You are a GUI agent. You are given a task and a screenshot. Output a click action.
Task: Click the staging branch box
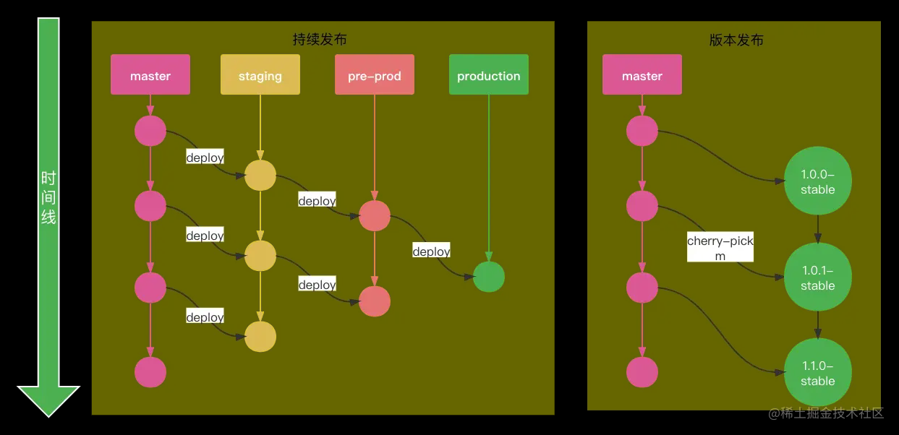tap(260, 74)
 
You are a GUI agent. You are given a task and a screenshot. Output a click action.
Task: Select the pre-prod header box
tap(375, 74)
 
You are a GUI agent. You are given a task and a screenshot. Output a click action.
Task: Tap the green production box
tap(488, 74)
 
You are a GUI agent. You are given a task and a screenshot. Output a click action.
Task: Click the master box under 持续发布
tap(150, 74)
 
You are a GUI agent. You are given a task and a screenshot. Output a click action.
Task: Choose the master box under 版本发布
tap(642, 74)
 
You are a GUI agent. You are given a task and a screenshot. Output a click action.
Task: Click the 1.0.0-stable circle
tap(818, 181)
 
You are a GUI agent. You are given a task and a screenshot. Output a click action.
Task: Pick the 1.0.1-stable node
tap(818, 277)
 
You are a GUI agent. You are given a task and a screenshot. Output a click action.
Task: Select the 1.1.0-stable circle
tap(818, 372)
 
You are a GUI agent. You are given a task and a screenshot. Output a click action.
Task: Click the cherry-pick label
tap(720, 247)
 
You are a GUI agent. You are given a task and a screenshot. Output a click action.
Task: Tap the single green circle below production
tap(488, 277)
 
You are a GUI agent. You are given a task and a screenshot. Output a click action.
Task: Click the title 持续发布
tap(320, 39)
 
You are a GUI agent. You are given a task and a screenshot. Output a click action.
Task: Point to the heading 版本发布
tap(736, 40)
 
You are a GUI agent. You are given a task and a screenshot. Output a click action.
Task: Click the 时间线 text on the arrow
tap(48, 197)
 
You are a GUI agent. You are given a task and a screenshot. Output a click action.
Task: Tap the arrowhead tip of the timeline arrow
tap(48, 417)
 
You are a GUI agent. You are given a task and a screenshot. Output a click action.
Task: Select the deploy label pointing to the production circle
tap(432, 250)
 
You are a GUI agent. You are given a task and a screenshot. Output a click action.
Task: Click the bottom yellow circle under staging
tap(260, 337)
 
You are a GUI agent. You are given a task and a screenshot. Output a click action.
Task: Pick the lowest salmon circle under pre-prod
tap(375, 301)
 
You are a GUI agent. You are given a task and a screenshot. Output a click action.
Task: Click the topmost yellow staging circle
tap(260, 175)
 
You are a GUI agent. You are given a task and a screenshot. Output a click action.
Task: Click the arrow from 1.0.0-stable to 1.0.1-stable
tap(818, 229)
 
